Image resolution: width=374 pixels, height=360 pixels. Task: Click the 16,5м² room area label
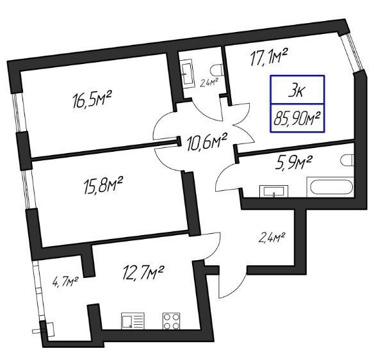(x=92, y=99)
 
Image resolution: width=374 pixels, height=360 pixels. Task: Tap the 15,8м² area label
(x=103, y=185)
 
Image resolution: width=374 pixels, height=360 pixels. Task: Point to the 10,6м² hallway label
(x=206, y=142)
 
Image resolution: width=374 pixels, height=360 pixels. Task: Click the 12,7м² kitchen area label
(x=142, y=273)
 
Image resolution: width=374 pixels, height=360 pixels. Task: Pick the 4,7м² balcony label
(x=65, y=281)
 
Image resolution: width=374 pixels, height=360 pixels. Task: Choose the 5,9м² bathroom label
(x=293, y=163)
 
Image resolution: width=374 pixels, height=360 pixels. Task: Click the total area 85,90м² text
(x=297, y=119)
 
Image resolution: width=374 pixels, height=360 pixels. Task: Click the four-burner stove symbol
(x=171, y=321)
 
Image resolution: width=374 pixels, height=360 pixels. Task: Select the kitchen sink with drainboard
(x=133, y=321)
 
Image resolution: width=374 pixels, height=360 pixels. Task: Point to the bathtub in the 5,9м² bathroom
(x=330, y=187)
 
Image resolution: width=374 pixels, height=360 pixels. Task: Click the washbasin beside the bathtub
(x=273, y=192)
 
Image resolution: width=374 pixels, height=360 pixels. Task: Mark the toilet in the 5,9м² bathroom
(x=348, y=160)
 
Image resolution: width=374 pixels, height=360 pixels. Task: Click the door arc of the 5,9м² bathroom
(x=221, y=174)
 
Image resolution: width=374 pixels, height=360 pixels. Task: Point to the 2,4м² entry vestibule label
(x=272, y=238)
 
